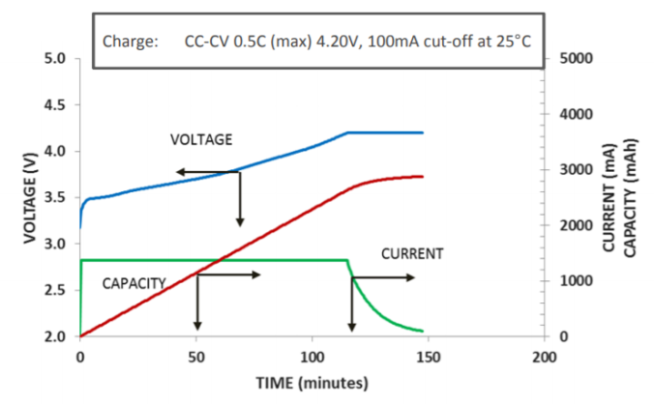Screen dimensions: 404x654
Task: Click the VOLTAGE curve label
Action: (x=201, y=139)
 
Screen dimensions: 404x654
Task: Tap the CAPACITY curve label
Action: (x=134, y=283)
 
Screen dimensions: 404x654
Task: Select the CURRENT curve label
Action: (x=412, y=255)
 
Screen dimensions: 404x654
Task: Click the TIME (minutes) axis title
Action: (x=312, y=384)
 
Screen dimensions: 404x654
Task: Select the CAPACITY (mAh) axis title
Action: (x=630, y=197)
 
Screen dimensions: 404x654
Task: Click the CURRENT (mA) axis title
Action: (x=609, y=197)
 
